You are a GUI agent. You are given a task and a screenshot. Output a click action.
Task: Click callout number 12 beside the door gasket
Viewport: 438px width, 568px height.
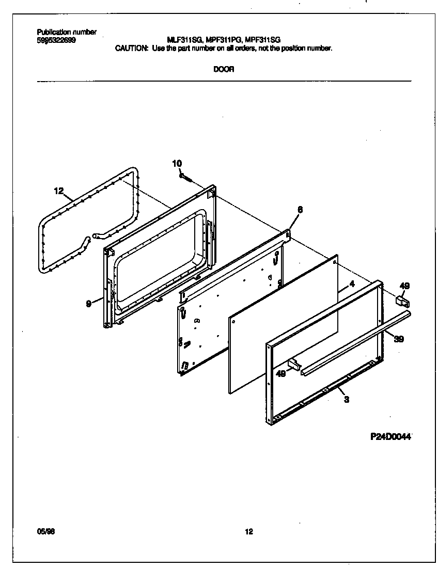[58, 191]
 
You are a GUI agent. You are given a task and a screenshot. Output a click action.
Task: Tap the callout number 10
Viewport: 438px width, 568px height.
[177, 164]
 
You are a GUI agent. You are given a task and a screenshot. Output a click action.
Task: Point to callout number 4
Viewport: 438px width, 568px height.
[351, 284]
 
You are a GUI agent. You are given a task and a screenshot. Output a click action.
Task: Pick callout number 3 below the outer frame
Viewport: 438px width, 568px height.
[346, 399]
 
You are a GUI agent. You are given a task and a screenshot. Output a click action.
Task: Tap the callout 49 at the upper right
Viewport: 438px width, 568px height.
[404, 286]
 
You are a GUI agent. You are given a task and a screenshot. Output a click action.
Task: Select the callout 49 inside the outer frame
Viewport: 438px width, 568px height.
[281, 374]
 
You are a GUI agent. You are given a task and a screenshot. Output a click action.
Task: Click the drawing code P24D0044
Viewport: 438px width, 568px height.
[390, 436]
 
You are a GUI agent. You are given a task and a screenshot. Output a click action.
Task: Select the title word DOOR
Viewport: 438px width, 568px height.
[224, 70]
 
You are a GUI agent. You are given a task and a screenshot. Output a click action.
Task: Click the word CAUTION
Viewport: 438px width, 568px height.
[131, 48]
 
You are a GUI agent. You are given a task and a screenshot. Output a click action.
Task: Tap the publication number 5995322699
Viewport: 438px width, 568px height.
[56, 40]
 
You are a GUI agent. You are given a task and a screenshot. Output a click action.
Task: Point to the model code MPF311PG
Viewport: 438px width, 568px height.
[223, 40]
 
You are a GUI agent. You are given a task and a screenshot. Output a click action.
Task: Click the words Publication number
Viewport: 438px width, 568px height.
[67, 33]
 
